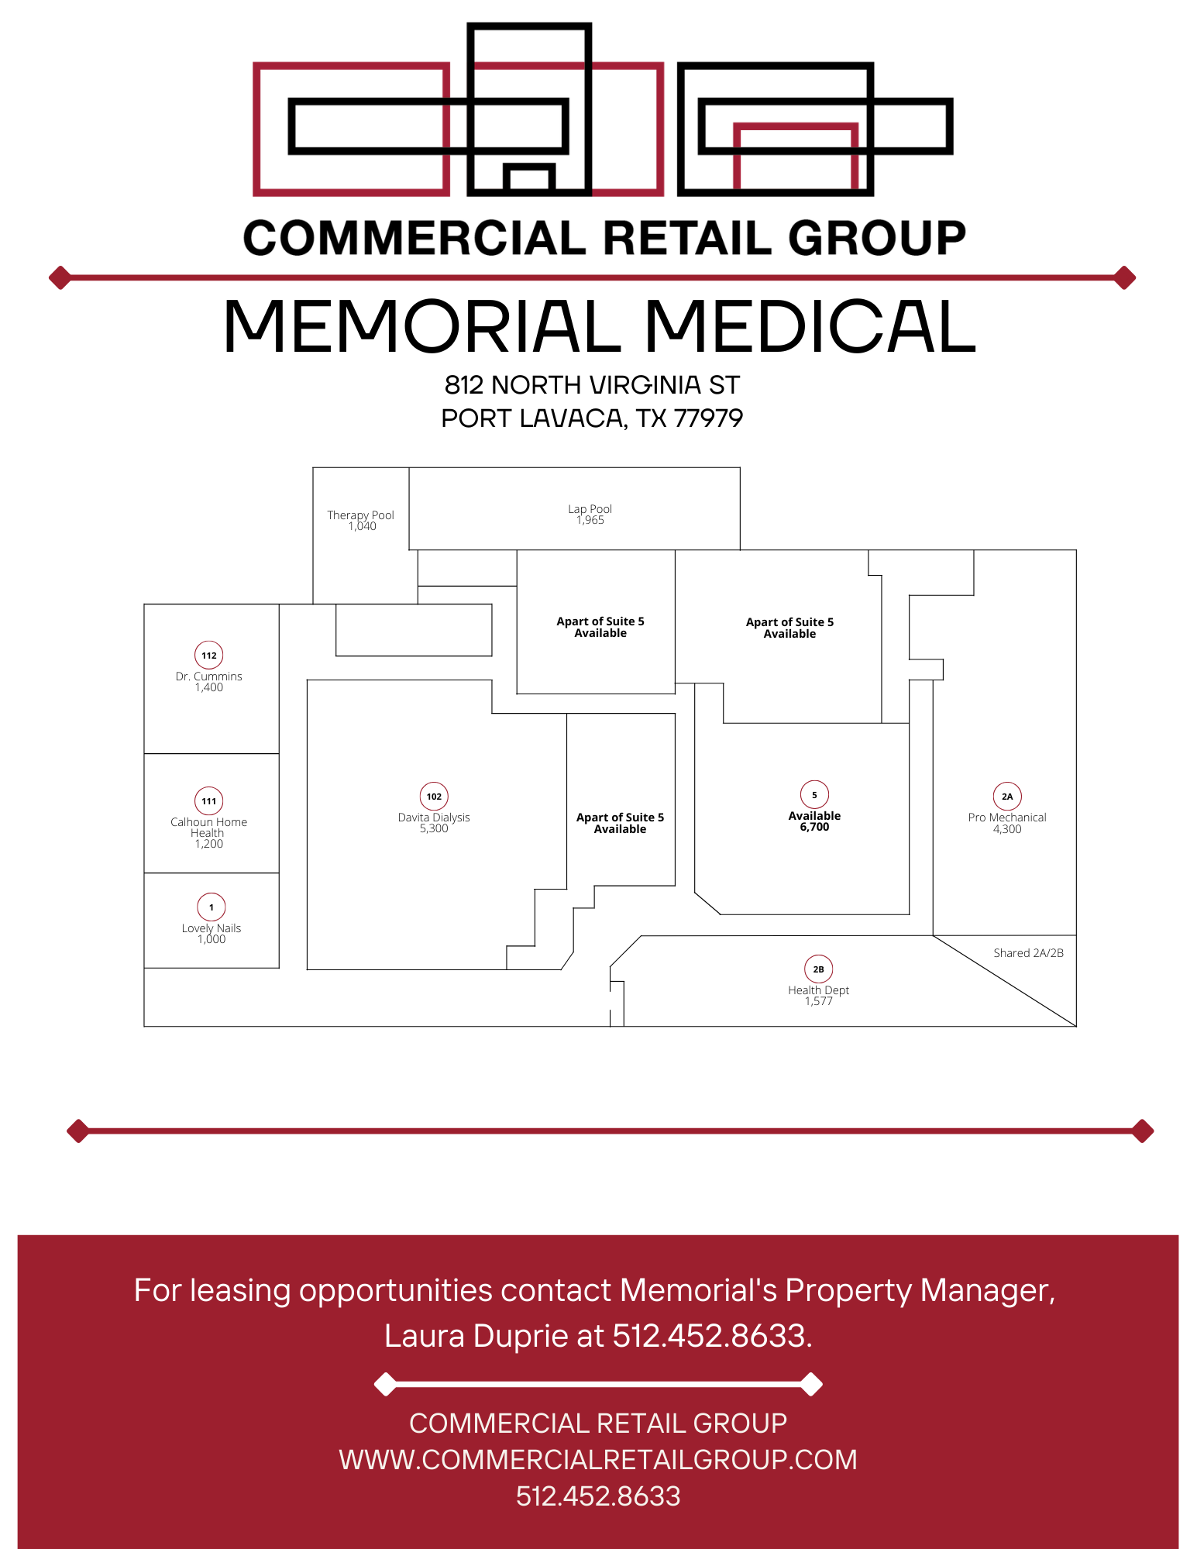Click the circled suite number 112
(209, 656)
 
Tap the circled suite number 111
(209, 801)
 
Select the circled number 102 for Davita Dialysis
(434, 797)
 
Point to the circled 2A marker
(1007, 797)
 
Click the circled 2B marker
(818, 969)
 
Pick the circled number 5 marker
(814, 795)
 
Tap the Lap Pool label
(590, 509)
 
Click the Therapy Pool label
(360, 515)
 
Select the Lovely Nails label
(212, 928)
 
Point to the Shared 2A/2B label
(1028, 953)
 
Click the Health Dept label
(818, 990)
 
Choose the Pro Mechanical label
(1006, 818)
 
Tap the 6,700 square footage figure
(814, 828)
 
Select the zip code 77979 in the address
(708, 418)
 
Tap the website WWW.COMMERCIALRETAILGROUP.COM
(598, 1460)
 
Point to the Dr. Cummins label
(209, 676)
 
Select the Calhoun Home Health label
(208, 828)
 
